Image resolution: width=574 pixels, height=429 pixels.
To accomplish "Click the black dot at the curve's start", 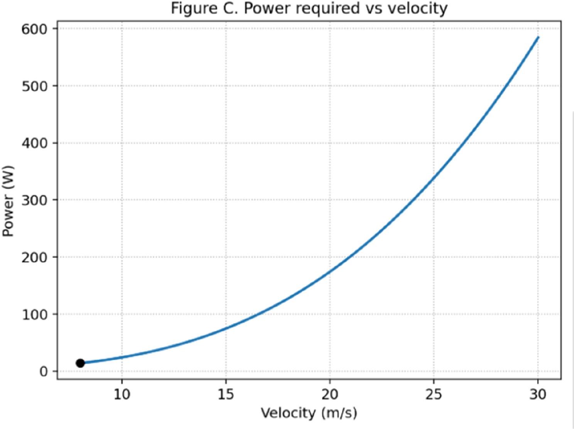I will click(x=80, y=363).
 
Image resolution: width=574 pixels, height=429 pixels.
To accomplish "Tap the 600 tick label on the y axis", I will click(x=34, y=29).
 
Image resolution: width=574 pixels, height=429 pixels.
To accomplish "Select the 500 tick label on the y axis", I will click(x=34, y=86).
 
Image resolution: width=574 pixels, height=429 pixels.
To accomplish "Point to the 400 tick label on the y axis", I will click(x=34, y=143).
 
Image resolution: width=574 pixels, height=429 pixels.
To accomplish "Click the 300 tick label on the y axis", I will click(x=34, y=200).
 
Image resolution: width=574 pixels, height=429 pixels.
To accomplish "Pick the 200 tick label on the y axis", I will click(x=34, y=257).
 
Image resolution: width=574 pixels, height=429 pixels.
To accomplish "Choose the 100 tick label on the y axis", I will click(x=34, y=314).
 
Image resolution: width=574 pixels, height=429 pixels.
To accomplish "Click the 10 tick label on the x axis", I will click(x=122, y=394).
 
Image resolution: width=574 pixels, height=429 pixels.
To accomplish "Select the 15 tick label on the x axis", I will click(x=226, y=394).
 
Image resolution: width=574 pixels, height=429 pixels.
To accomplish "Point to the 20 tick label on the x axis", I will click(x=330, y=394).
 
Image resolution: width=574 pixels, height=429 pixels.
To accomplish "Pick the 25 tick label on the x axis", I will click(x=434, y=394).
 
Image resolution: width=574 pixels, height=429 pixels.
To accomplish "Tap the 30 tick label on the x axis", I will click(x=538, y=394).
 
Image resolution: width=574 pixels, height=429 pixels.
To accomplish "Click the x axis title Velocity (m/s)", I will click(x=309, y=413).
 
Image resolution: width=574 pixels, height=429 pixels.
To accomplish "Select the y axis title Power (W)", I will click(x=8, y=201).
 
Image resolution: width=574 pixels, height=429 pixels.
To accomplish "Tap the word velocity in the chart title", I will click(x=417, y=8).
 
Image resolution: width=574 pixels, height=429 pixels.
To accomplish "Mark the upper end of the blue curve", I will click(x=538, y=37).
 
